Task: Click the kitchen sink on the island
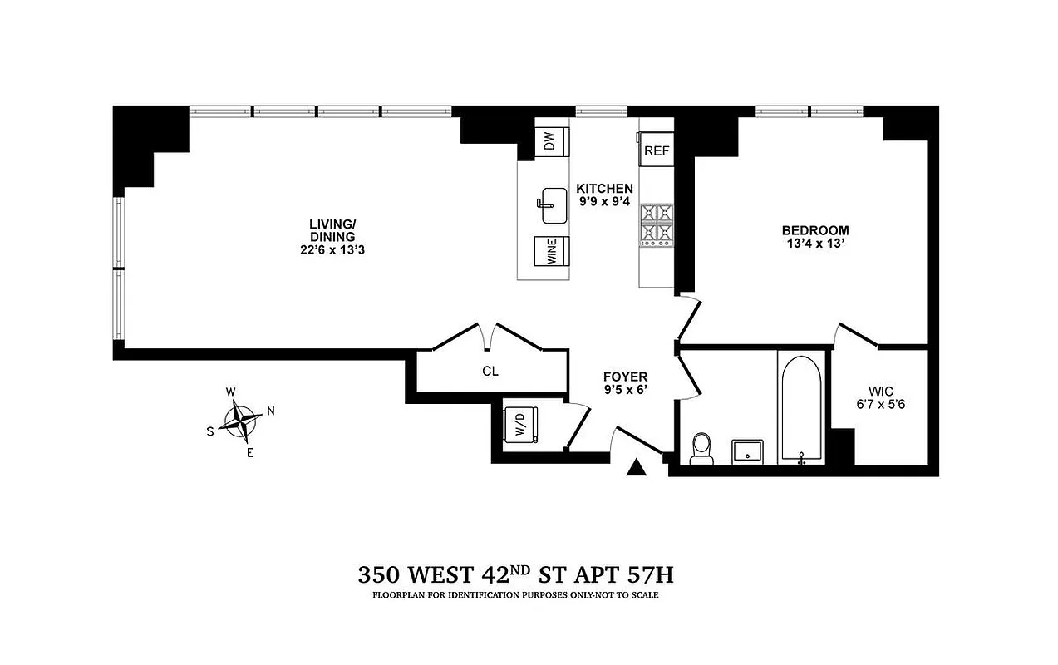554,204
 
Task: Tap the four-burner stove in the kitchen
655,222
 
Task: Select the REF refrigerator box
657,151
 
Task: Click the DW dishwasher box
550,142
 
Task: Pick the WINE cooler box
552,252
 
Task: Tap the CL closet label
490,372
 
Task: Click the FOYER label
626,377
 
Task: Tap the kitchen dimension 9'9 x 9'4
605,201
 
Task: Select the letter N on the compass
270,411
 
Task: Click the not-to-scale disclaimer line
522,595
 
